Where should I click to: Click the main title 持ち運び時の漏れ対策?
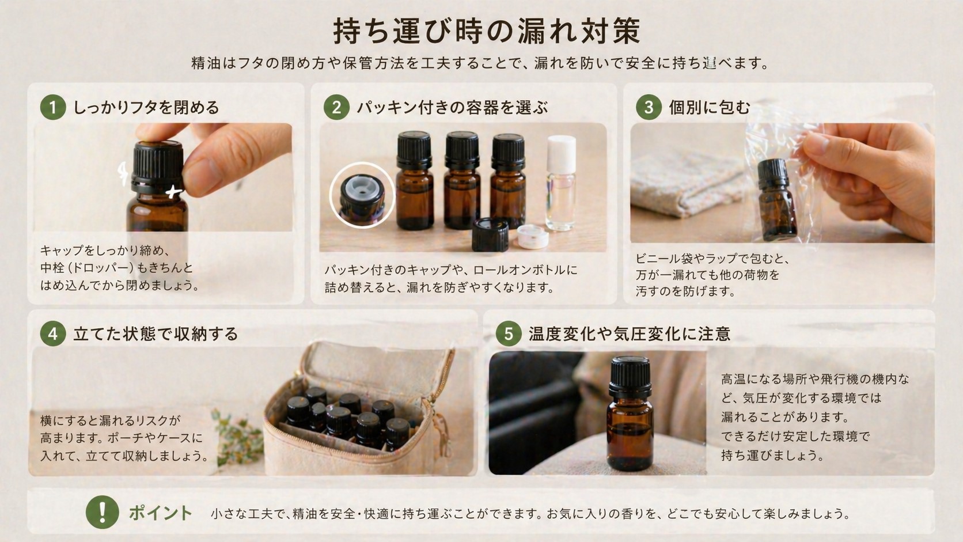point(487,31)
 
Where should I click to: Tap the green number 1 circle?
point(53,108)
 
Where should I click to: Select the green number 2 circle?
point(336,108)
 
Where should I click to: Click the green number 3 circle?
point(649,108)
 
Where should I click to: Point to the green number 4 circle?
point(53,334)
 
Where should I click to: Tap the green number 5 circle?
point(509,334)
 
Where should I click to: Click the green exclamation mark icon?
point(102,512)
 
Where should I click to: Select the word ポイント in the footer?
point(160,513)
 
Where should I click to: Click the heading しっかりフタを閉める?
point(146,108)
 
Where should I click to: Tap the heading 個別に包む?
point(710,108)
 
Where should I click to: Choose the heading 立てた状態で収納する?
point(156,334)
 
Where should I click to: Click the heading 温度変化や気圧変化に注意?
point(630,334)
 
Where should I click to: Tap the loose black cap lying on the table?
point(490,235)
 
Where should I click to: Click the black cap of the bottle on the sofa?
point(630,372)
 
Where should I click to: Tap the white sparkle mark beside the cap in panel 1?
point(173,191)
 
